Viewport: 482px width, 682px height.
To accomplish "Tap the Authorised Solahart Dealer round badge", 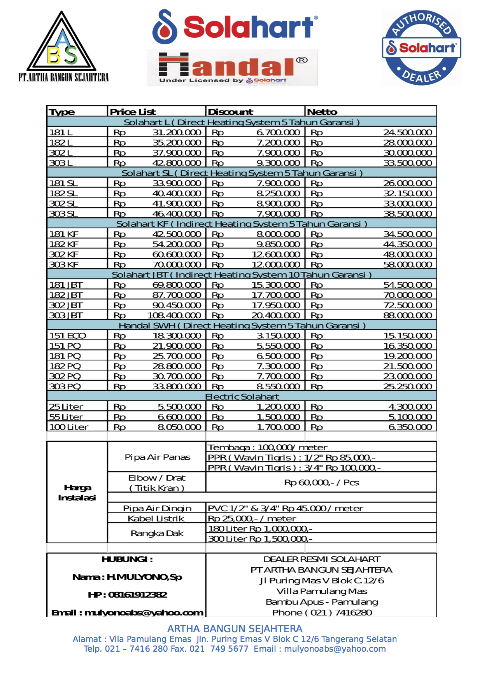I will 422,47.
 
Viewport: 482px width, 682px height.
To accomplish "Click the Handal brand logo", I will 232,67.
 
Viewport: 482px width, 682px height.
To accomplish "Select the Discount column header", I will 230,112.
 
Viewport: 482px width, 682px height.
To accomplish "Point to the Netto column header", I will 322,112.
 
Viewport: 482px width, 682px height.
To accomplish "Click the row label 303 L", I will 61,163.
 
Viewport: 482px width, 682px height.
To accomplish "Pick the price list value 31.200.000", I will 177,133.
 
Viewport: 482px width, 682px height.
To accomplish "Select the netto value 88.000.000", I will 407,315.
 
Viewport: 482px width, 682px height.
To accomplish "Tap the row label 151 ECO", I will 68,336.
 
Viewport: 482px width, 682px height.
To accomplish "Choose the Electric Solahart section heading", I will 242,397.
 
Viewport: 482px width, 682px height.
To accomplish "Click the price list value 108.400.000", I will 174,315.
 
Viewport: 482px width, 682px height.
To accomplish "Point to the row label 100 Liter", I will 69,427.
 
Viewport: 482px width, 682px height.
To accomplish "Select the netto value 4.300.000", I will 410,407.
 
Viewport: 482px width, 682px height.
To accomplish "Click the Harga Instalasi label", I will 77,493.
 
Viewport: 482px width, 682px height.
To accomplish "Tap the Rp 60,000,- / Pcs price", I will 321,483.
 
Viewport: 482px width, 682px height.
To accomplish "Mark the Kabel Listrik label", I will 156,518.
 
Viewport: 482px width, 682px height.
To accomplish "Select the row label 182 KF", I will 64,244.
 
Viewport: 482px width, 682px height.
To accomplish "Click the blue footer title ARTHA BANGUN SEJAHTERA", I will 235,629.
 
